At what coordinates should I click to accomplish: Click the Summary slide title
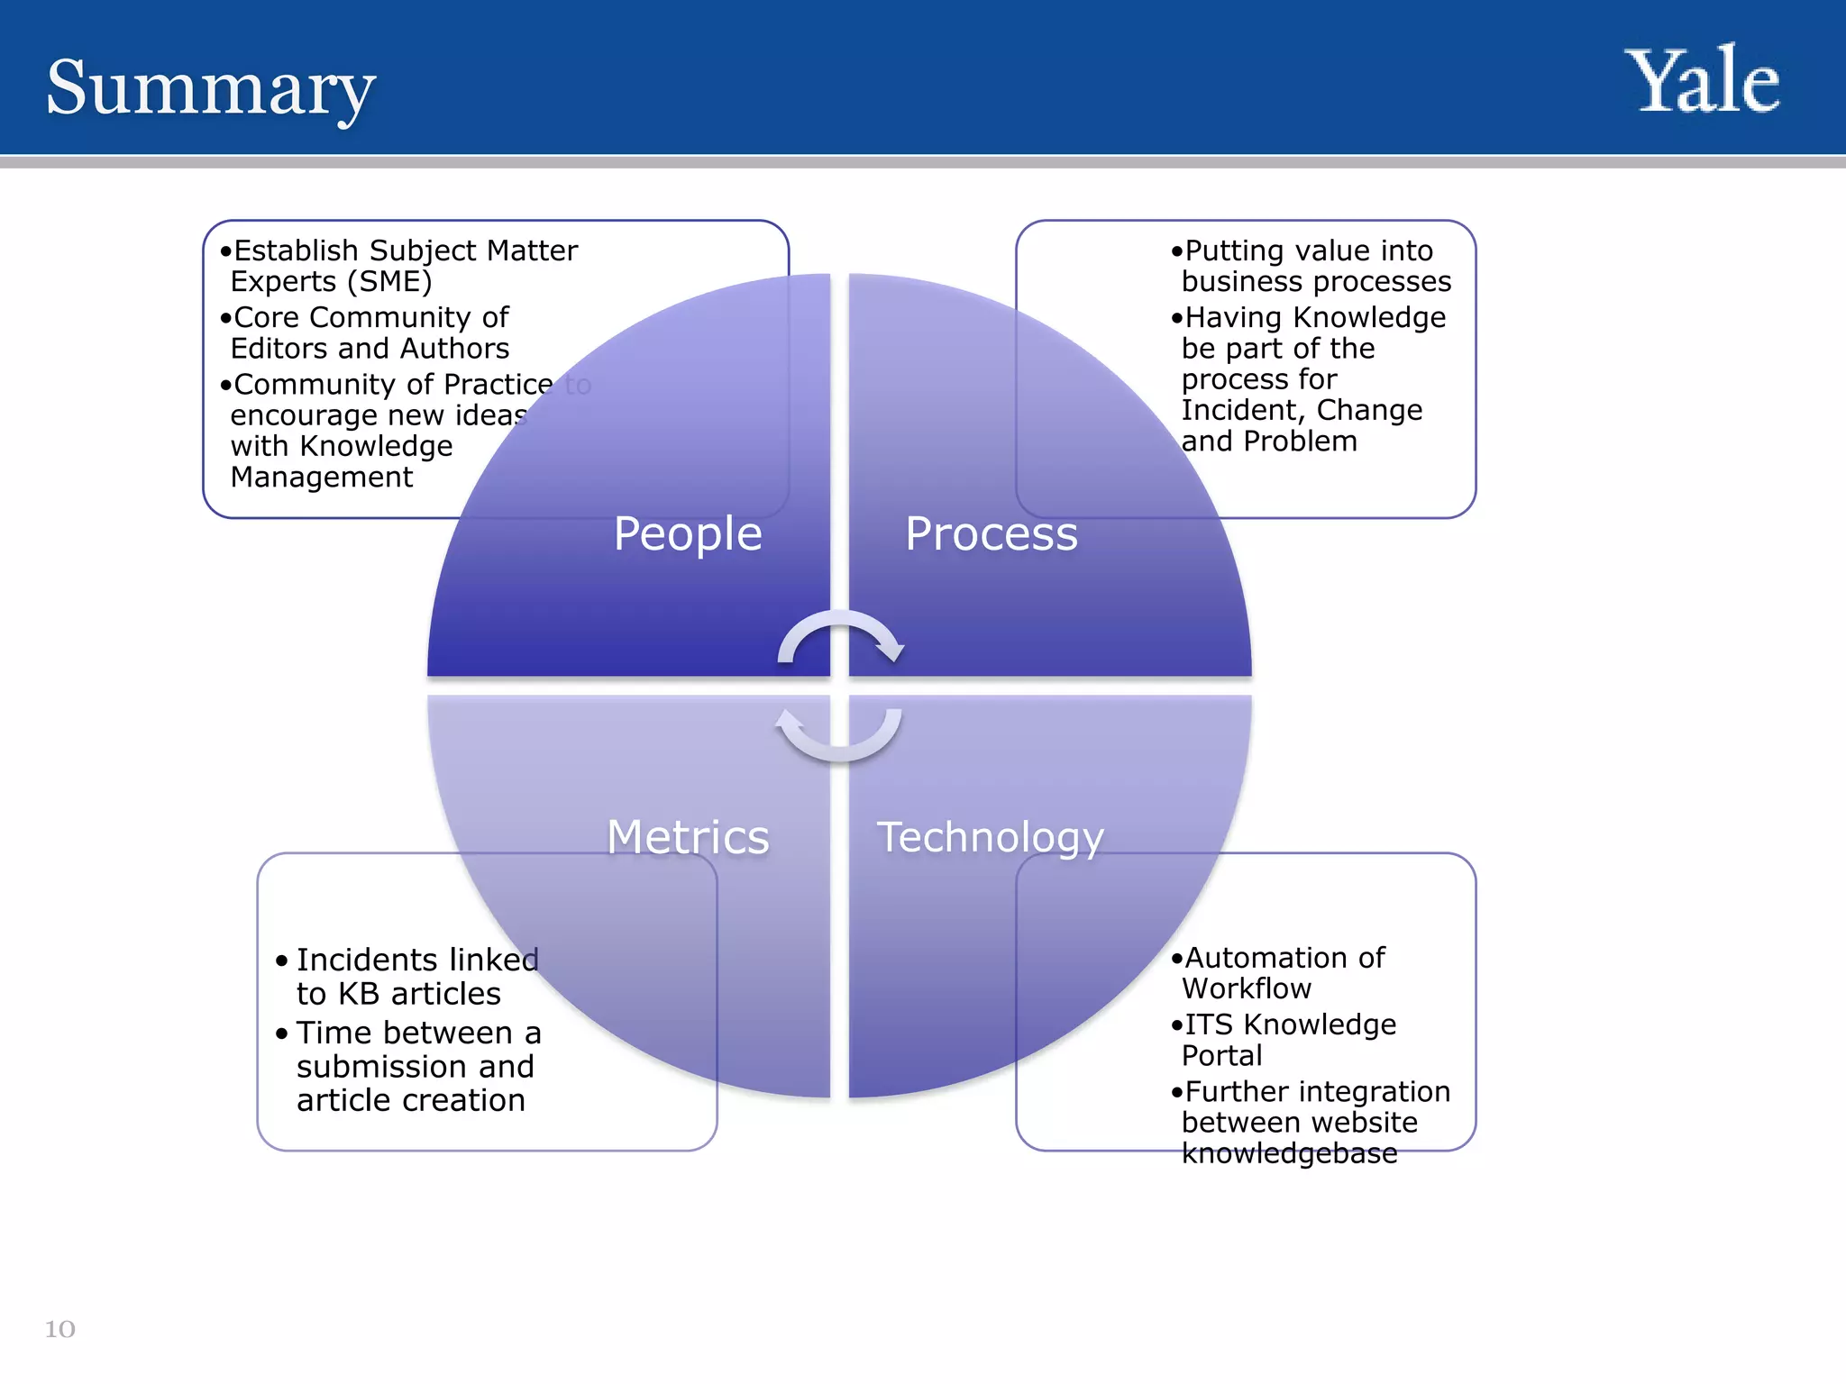(x=210, y=87)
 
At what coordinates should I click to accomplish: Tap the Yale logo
(x=1702, y=82)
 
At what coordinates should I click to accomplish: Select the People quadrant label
(x=688, y=533)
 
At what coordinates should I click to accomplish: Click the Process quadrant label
(x=992, y=533)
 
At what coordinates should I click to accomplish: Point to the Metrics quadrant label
(x=688, y=837)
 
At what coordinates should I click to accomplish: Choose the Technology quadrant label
(x=990, y=837)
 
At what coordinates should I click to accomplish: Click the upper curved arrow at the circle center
(x=840, y=635)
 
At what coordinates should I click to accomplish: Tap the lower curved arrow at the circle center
(x=838, y=734)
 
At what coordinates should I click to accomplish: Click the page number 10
(x=60, y=1329)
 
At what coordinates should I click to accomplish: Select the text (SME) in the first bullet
(x=389, y=282)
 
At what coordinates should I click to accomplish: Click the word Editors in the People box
(x=280, y=349)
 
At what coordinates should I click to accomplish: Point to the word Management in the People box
(x=322, y=477)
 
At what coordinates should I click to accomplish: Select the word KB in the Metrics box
(x=358, y=994)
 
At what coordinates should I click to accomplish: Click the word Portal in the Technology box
(x=1221, y=1056)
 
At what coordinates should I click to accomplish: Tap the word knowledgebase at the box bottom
(x=1289, y=1153)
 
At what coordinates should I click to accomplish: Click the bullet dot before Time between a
(x=282, y=1033)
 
